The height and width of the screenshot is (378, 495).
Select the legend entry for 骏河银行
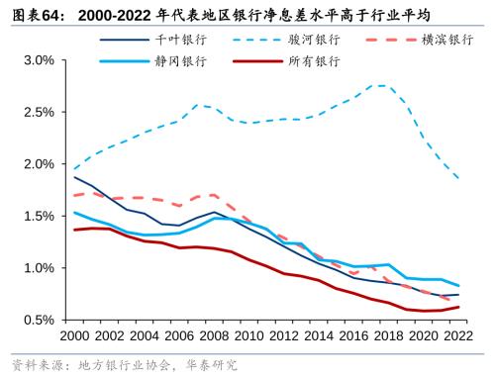pyautogui.click(x=315, y=40)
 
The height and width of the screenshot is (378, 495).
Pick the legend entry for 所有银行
pyautogui.click(x=315, y=61)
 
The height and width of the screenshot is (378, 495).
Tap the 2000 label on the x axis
pyautogui.click(x=74, y=337)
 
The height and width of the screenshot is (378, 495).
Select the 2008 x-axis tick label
pyautogui.click(x=204, y=337)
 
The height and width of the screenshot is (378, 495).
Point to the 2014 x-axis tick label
pyautogui.click(x=302, y=337)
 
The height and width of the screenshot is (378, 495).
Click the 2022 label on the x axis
pyautogui.click(x=432, y=337)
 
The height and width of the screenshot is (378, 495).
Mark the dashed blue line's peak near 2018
pyautogui.click(x=382, y=85)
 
